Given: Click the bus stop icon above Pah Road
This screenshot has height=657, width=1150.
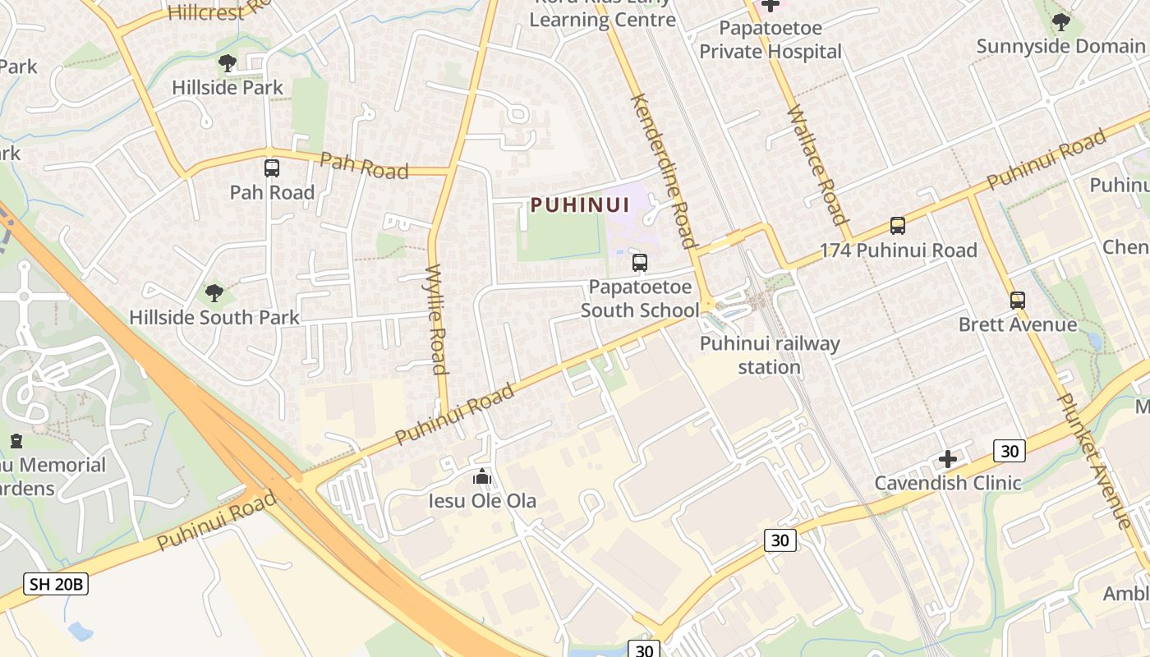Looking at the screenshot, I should click(x=271, y=168).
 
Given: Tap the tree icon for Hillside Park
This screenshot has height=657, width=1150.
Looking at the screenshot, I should click(x=228, y=63).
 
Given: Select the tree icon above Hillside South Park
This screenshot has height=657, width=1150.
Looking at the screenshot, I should click(x=214, y=292).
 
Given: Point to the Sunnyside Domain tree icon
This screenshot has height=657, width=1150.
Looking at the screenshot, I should click(x=1060, y=22).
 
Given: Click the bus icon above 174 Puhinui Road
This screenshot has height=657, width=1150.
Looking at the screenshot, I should click(x=898, y=226).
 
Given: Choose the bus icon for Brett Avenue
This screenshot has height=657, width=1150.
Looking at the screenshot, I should click(x=1018, y=301).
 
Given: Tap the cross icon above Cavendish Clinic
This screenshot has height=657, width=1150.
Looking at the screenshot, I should click(x=948, y=459).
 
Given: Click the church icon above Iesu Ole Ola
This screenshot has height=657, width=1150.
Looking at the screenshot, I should click(x=482, y=476).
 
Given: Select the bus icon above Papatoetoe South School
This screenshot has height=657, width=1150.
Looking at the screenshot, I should click(x=640, y=263).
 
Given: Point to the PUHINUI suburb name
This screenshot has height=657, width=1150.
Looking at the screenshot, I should click(x=580, y=204).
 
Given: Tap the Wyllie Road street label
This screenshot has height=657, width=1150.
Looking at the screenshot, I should click(x=437, y=319).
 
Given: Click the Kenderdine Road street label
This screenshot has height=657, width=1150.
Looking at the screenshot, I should click(x=663, y=170).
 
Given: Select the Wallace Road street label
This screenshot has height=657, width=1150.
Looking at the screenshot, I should click(x=816, y=164).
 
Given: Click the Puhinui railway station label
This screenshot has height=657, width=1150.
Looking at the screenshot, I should click(x=770, y=355).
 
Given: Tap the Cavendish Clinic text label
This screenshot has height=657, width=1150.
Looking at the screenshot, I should click(x=947, y=483).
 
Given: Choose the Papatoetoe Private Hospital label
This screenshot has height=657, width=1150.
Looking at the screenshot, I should click(x=770, y=39).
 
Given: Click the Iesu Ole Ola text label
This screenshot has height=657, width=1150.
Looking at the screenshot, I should click(x=482, y=501).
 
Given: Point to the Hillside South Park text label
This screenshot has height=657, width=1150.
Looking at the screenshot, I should click(x=214, y=317).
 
